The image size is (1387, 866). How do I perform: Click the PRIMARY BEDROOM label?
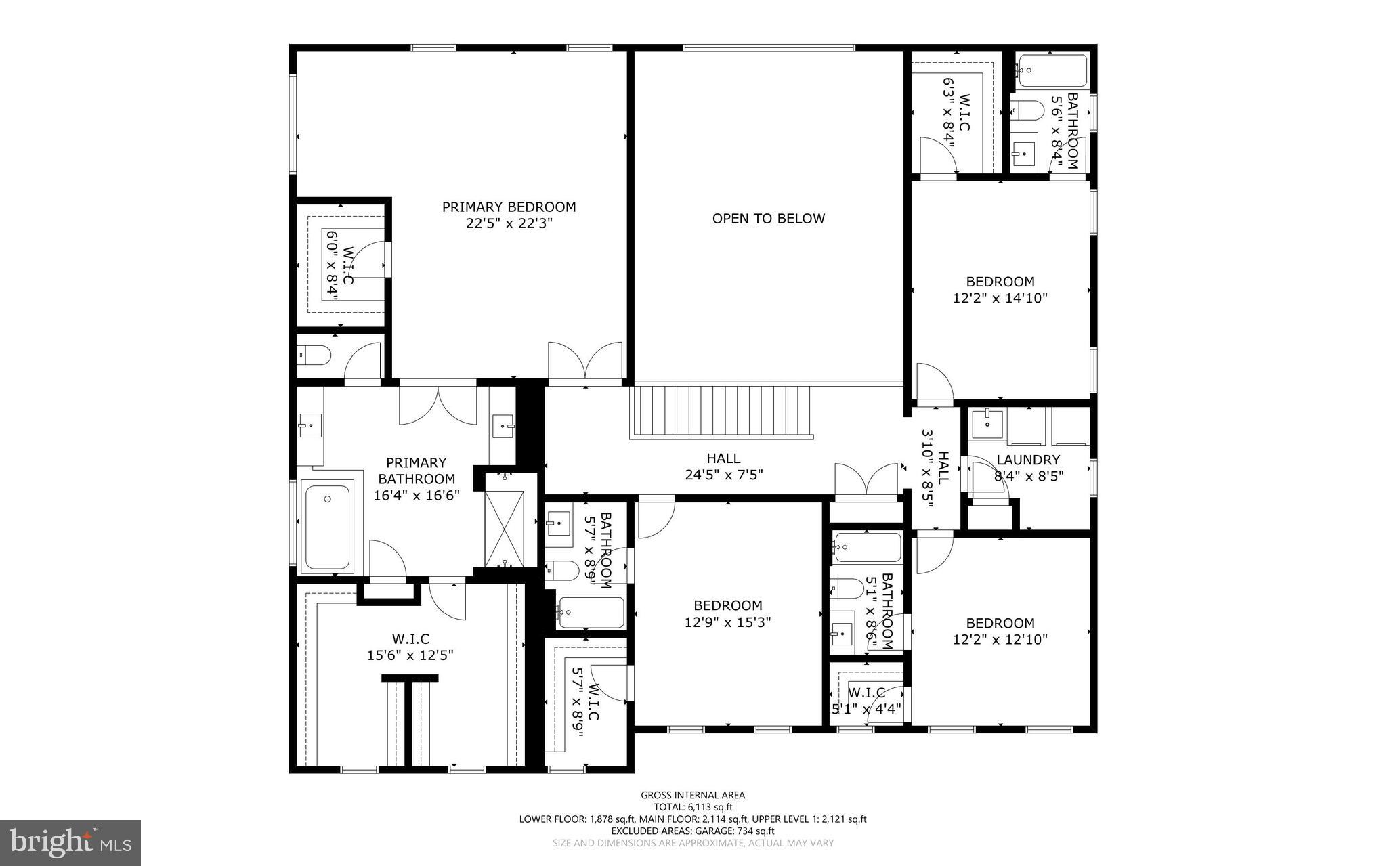tap(509, 207)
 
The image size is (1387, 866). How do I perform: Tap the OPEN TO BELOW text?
tap(768, 219)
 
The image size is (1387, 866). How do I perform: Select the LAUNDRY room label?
tap(1028, 460)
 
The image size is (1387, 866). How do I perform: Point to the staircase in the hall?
tap(722, 412)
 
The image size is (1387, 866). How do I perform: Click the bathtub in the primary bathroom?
tap(327, 525)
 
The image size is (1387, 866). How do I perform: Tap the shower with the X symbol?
tap(505, 528)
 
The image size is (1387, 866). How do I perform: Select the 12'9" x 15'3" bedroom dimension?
tap(727, 622)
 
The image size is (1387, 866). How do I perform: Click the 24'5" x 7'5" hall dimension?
tap(723, 475)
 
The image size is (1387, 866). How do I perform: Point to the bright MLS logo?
tap(70, 842)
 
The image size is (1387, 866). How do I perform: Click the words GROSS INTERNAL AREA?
tap(693, 795)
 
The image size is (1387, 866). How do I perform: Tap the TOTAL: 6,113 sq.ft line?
tap(693, 807)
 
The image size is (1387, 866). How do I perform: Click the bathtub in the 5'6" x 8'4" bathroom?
tap(1052, 70)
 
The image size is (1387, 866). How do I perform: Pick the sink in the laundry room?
tap(987, 423)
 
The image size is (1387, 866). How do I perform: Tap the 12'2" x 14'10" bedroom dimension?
tap(1000, 298)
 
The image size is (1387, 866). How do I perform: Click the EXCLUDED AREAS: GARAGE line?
tap(693, 831)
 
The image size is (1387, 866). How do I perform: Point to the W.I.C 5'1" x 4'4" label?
tap(866, 701)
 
